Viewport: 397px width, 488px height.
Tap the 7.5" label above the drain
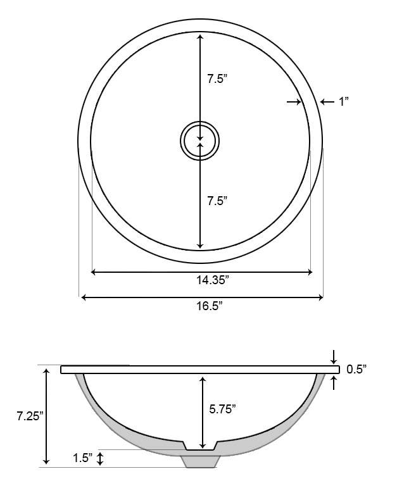(x=217, y=79)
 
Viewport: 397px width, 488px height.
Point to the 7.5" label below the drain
(x=217, y=201)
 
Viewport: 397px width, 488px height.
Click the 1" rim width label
(x=344, y=101)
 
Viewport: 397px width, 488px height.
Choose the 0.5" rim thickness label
(x=356, y=369)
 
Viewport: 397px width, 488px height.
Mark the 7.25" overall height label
(x=30, y=416)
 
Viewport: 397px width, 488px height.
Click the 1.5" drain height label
(x=82, y=457)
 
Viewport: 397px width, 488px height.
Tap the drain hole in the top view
(x=200, y=141)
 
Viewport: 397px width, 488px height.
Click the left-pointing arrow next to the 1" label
(x=324, y=101)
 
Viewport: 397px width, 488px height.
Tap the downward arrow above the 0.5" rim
(x=334, y=360)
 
